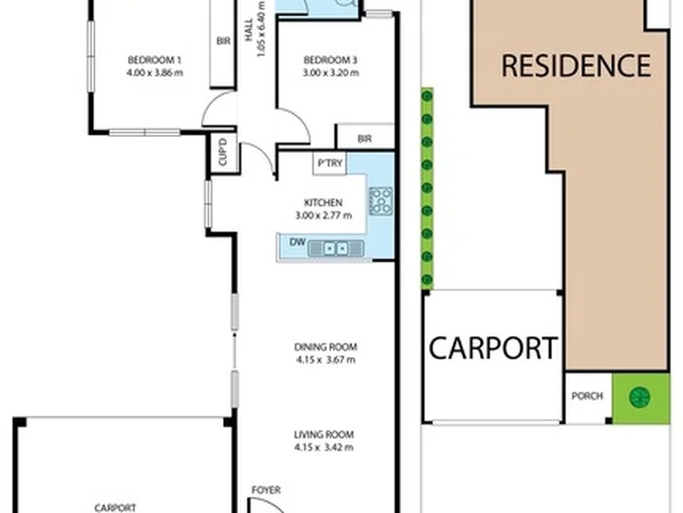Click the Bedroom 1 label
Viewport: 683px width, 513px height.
[x=155, y=60]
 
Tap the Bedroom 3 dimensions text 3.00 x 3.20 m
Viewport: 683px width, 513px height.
[x=331, y=73]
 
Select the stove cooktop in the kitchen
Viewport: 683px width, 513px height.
[x=380, y=201]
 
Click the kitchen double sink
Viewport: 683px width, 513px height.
[x=336, y=249]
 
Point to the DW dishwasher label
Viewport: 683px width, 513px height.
[x=298, y=241]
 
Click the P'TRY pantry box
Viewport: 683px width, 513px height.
[x=330, y=163]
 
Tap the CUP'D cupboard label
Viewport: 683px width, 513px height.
[x=223, y=152]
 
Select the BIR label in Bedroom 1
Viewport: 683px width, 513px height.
[x=224, y=41]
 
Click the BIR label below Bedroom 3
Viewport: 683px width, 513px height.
[x=364, y=139]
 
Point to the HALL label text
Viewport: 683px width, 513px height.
[x=249, y=29]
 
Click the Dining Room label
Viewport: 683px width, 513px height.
[x=325, y=348]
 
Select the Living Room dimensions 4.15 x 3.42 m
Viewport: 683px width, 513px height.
[x=324, y=447]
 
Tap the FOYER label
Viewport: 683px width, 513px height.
[x=267, y=490]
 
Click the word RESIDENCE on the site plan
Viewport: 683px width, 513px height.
[x=576, y=66]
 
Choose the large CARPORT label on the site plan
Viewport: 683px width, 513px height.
[x=493, y=348]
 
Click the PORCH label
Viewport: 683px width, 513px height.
[x=587, y=396]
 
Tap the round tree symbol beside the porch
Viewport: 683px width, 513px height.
[x=640, y=397]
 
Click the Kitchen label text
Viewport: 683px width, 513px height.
[x=323, y=203]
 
